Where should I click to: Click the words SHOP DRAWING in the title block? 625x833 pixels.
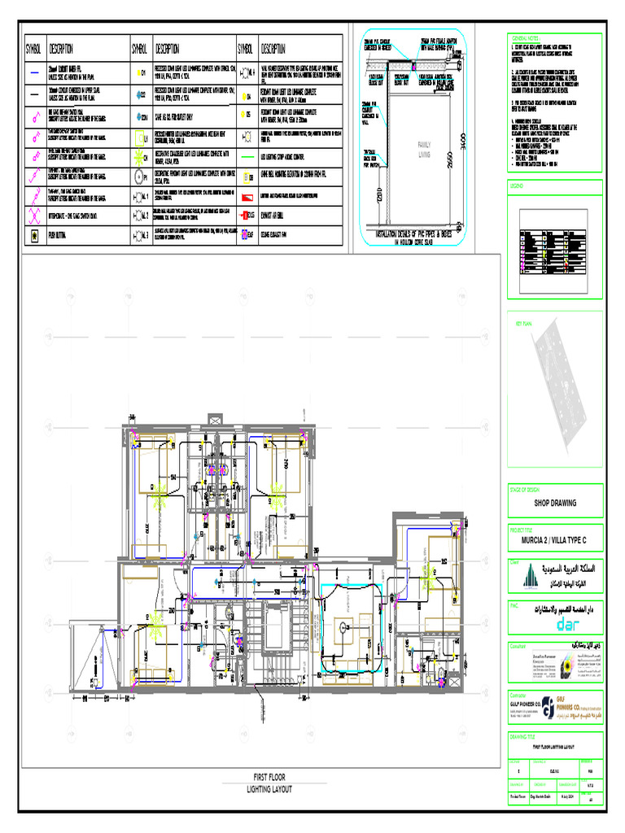[x=554, y=503]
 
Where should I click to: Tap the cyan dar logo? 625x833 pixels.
[x=553, y=623]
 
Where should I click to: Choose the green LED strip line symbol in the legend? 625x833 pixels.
[x=247, y=155]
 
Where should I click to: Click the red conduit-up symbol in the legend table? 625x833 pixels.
[x=247, y=216]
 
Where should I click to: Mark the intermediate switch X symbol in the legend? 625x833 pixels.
[x=35, y=216]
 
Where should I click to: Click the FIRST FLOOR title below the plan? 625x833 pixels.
[x=269, y=777]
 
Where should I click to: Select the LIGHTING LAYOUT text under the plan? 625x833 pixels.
[x=269, y=789]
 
